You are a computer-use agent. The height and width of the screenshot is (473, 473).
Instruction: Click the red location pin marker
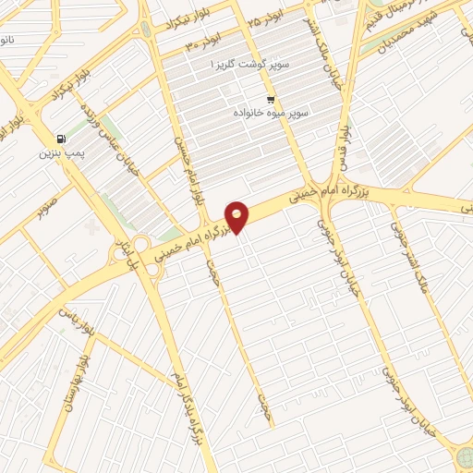[237, 217]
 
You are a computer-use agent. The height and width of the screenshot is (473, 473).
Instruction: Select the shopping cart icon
[271, 99]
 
